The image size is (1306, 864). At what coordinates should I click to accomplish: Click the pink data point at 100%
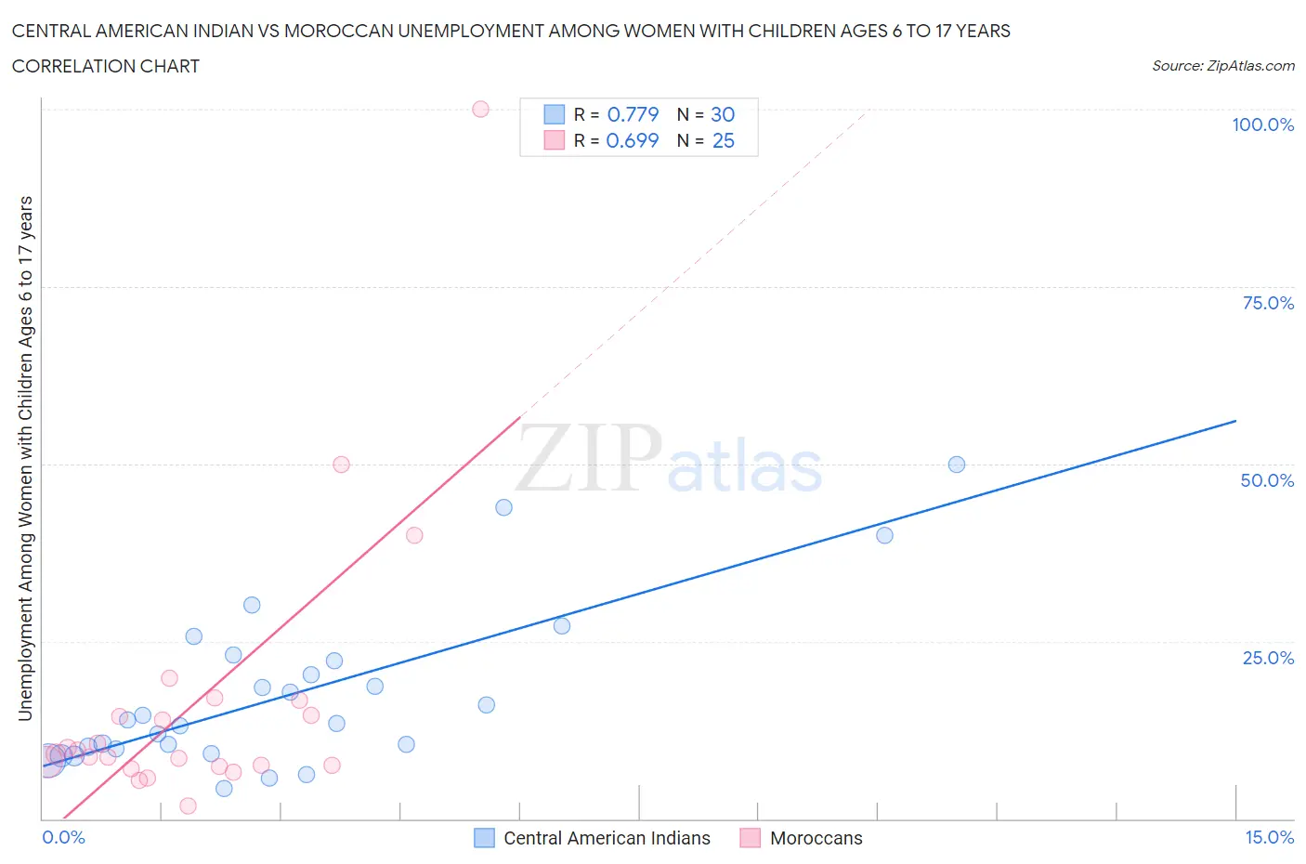tap(480, 109)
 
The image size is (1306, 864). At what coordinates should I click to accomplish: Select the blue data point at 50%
tap(957, 465)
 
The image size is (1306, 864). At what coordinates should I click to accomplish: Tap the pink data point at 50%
tap(341, 465)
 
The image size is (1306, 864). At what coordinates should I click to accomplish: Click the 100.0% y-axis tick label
tap(1262, 124)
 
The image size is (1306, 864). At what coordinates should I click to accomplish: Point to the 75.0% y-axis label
tap(1268, 303)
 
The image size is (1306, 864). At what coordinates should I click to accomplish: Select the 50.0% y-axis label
tap(1267, 480)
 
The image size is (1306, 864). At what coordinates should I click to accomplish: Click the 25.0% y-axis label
tap(1268, 658)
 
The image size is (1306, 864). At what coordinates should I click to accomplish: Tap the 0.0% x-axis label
tap(63, 837)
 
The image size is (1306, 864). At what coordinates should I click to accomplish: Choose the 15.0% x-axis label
tap(1269, 837)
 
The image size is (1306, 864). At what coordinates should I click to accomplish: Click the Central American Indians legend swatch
tap(484, 838)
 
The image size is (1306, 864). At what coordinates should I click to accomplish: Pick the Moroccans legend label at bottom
tap(816, 838)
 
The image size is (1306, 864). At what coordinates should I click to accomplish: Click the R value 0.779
tap(633, 114)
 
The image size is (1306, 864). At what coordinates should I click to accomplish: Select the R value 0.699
tap(633, 140)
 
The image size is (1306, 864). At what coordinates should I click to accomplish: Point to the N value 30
tap(723, 114)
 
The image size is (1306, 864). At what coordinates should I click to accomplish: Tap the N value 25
tap(723, 140)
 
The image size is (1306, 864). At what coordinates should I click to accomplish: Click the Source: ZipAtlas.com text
tap(1222, 66)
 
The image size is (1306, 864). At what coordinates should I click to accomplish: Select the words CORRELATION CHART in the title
tap(106, 66)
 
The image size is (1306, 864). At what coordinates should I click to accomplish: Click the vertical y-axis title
tap(26, 459)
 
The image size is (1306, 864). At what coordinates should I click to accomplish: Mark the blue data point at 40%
tap(884, 535)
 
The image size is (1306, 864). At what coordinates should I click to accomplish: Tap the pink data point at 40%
tap(414, 535)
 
